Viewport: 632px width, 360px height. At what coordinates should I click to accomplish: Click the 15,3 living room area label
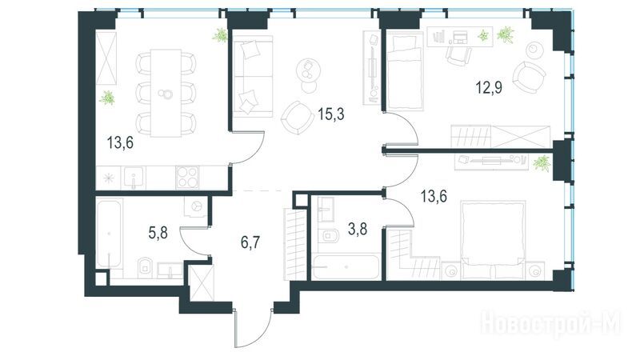click(x=331, y=114)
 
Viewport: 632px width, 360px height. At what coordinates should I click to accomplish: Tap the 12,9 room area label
click(x=489, y=87)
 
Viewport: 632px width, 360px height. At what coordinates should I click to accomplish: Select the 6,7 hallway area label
click(x=250, y=243)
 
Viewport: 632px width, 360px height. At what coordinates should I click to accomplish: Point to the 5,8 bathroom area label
click(x=158, y=233)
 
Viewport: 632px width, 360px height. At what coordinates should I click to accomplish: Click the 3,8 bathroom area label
click(x=358, y=230)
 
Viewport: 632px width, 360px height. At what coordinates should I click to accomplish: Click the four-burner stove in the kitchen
click(x=187, y=177)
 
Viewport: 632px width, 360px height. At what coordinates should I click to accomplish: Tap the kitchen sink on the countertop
click(x=133, y=178)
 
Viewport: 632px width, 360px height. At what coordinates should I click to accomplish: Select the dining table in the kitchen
click(x=166, y=93)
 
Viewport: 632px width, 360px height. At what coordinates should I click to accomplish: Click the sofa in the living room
click(x=253, y=77)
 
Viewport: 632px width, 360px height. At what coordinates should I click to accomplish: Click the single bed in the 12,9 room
click(x=405, y=71)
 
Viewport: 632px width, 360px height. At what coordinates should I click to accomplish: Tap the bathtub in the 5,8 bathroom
click(x=109, y=234)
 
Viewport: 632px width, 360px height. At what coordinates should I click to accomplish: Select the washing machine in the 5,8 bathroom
click(x=196, y=207)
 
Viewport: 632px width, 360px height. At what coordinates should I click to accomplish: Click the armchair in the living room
click(x=297, y=118)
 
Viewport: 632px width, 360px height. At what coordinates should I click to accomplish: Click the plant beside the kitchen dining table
click(x=108, y=98)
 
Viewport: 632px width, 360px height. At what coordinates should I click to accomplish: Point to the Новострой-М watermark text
click(x=550, y=323)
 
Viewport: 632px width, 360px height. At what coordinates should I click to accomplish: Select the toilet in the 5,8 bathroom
click(x=145, y=266)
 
